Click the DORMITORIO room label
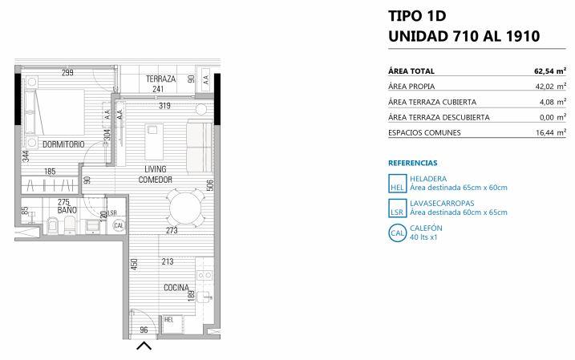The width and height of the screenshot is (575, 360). tap(63, 144)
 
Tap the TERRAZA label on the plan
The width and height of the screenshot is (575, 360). tap(160, 79)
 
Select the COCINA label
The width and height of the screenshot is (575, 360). tap(176, 288)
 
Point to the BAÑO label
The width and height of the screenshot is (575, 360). tap(67, 210)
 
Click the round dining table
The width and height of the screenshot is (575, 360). tap(185, 208)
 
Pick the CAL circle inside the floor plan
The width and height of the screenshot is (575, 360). tap(119, 225)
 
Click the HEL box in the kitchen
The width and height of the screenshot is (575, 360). tap(172, 324)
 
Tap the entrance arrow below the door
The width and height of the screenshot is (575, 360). tap(144, 346)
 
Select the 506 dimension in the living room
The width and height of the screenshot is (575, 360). tap(210, 185)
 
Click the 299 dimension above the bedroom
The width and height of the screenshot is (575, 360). tap(67, 73)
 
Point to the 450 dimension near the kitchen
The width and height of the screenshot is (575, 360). tap(134, 265)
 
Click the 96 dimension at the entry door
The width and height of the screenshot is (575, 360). tap(144, 330)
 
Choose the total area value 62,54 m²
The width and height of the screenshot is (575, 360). tap(550, 71)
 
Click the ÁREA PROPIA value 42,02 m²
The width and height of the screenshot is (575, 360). tap(551, 87)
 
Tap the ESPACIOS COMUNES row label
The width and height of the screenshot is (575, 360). tap(424, 133)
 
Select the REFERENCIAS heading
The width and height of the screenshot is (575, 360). tap(412, 163)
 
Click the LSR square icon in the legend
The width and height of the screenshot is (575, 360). tap(398, 208)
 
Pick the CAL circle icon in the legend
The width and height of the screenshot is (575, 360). tap(398, 233)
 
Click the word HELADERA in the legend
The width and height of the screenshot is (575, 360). tap(428, 179)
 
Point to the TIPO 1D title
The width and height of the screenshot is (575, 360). tap(417, 16)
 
